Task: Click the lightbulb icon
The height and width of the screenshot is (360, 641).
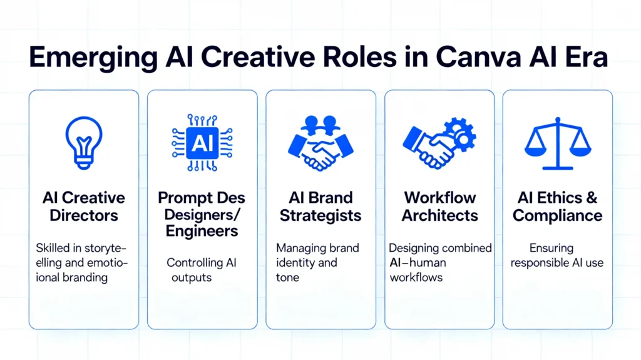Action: [x=83, y=143]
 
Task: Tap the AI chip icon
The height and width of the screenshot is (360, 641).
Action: [x=202, y=143]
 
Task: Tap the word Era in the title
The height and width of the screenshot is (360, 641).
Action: [x=585, y=58]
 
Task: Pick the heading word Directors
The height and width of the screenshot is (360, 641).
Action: [x=83, y=216]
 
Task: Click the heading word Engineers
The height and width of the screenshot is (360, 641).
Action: [x=202, y=231]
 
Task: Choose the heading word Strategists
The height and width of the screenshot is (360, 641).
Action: [x=320, y=216]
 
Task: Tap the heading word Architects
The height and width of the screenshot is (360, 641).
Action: [x=439, y=216]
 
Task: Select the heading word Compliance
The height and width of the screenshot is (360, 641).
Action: [x=557, y=216]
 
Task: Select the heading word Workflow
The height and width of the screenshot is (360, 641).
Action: [x=439, y=198]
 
